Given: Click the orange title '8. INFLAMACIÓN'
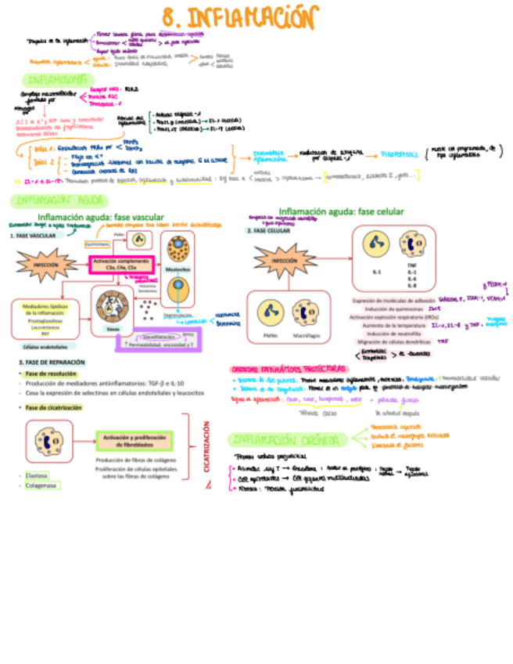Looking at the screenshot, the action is click(241, 16).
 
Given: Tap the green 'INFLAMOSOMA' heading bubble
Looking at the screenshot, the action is click(56, 80).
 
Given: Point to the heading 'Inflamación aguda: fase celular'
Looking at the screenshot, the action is click(341, 211).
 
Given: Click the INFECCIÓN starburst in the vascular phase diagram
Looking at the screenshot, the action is click(46, 265).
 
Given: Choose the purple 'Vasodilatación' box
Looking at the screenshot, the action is click(159, 334).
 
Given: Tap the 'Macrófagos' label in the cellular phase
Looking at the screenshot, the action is click(305, 336).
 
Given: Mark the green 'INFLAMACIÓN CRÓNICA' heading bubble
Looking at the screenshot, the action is click(284, 438).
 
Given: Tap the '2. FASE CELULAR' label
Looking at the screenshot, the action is click(268, 231).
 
